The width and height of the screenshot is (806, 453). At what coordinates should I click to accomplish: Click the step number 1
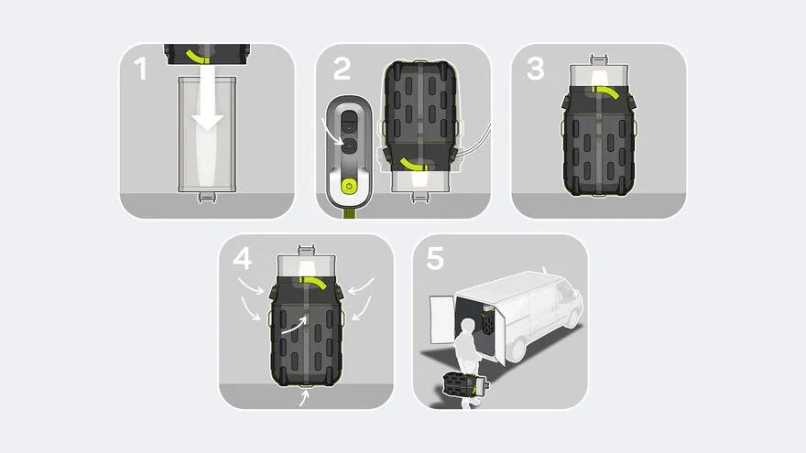140,69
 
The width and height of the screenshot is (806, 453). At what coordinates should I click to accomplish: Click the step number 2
342,69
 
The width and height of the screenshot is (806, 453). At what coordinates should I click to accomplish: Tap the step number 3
536,69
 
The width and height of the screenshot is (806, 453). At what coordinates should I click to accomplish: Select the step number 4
242,258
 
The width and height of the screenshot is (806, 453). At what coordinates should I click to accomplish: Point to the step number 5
435,258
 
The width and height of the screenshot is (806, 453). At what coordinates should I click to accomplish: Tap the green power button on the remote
349,186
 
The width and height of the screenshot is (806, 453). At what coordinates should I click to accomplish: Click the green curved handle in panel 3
610,92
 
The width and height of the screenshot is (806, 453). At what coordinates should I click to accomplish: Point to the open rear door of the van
441,318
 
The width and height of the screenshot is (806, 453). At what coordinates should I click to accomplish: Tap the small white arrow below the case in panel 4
305,397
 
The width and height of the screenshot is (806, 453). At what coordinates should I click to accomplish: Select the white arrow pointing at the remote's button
332,133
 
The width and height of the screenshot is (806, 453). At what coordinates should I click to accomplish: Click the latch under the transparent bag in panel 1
207,198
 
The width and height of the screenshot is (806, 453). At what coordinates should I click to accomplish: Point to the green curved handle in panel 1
198,56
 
